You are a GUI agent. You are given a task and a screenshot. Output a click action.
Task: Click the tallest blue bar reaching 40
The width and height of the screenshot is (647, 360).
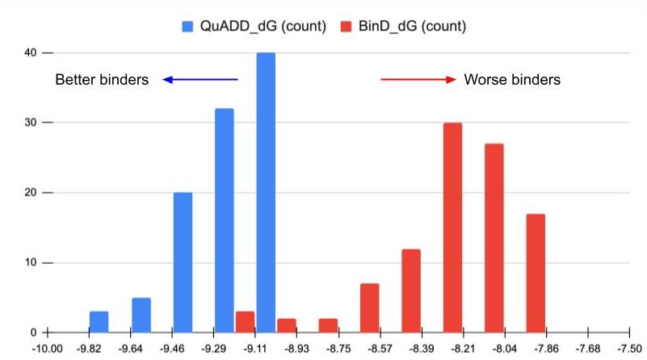(266, 193)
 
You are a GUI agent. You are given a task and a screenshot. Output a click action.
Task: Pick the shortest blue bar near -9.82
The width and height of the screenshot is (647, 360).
(99, 322)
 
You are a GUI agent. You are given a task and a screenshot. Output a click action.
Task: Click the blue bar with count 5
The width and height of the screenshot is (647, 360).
(141, 316)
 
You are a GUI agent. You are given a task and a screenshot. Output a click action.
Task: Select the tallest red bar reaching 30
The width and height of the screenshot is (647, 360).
(453, 228)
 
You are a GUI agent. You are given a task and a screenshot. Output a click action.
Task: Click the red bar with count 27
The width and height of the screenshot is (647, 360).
(494, 238)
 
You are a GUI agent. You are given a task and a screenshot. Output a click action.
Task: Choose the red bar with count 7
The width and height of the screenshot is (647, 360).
(370, 308)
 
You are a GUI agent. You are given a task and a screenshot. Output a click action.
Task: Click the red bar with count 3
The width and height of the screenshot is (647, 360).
(245, 322)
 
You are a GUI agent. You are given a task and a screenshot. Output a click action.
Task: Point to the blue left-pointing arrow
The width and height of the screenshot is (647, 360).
(200, 79)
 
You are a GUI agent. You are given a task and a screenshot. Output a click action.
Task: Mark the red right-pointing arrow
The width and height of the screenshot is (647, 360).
(418, 79)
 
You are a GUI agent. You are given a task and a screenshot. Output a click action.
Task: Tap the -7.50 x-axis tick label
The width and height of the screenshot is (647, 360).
(629, 350)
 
